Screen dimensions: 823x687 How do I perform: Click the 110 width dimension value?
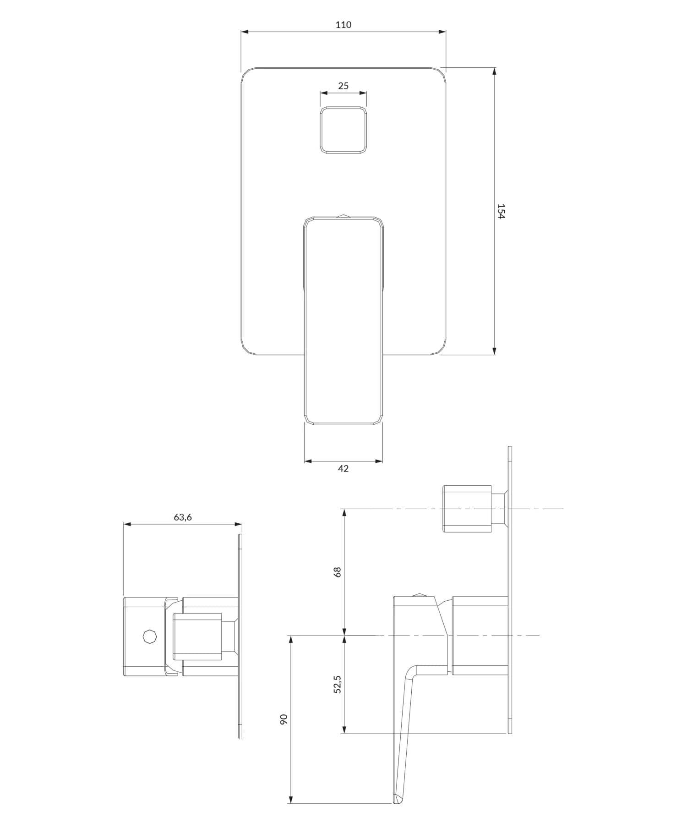343,25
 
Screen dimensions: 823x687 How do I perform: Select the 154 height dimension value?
501,211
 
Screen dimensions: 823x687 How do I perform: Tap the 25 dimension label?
343,86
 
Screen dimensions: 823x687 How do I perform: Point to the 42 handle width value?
343,468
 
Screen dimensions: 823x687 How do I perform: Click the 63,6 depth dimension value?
183,517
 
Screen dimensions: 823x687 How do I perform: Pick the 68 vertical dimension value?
338,572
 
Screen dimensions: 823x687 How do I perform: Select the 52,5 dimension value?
338,684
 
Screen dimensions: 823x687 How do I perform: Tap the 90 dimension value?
284,719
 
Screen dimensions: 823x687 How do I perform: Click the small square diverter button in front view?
343,130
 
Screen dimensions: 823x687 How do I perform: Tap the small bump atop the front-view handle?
343,215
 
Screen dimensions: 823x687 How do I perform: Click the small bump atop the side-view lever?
419,595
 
